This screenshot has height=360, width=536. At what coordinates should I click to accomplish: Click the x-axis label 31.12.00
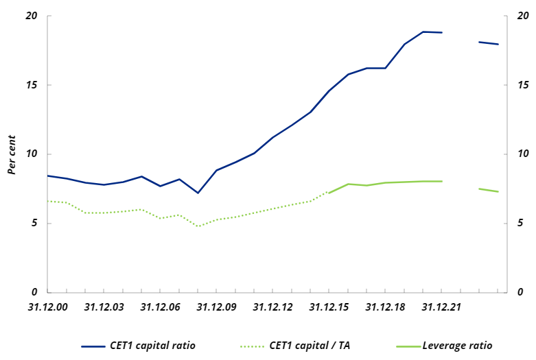click(x=48, y=307)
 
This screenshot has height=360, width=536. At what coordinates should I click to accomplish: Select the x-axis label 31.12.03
click(x=104, y=307)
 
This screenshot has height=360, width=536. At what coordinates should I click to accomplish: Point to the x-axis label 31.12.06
click(x=161, y=307)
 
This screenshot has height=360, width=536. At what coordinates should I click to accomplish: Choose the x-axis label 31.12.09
click(x=217, y=307)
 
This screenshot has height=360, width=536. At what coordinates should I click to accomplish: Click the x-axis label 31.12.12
click(x=273, y=307)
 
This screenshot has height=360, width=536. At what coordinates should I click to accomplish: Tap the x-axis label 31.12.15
click(x=329, y=307)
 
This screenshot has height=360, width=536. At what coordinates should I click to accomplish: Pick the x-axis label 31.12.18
click(x=386, y=307)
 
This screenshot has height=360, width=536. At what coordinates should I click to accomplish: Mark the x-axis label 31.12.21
click(x=442, y=307)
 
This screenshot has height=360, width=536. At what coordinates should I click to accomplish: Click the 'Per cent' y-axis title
click(x=12, y=154)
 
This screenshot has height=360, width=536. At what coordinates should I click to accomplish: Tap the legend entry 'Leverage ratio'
click(x=457, y=346)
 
